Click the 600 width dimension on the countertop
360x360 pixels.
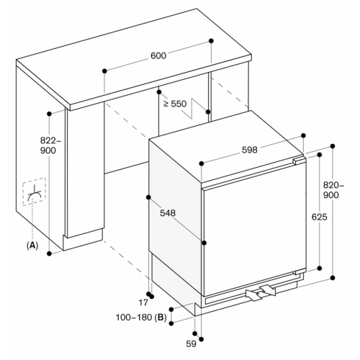point(158,55)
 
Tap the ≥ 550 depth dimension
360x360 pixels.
point(175,104)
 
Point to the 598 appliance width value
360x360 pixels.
point(250,150)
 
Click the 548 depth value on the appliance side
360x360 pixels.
point(168,213)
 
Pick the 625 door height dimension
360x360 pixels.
point(320,217)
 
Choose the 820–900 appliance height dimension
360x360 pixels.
point(333,190)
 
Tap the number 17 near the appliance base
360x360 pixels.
point(143,303)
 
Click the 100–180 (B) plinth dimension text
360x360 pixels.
point(141,318)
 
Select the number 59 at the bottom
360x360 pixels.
point(191,344)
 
